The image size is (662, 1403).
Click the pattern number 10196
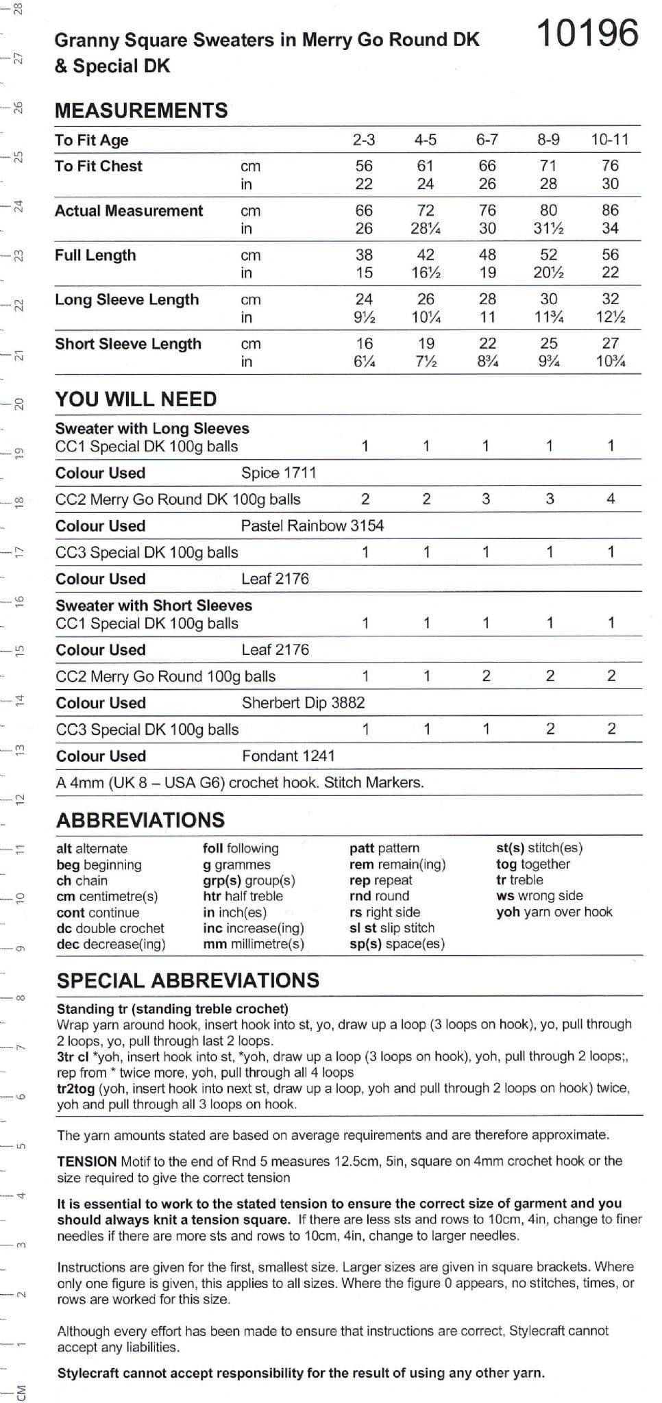pyautogui.click(x=587, y=34)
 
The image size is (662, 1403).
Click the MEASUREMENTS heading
pyautogui.click(x=141, y=110)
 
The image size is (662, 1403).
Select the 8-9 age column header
pyautogui.click(x=548, y=140)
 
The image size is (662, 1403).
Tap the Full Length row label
pyautogui.click(x=95, y=255)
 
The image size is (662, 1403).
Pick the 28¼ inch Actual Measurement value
pyautogui.click(x=426, y=228)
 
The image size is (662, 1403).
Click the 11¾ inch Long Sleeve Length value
pyautogui.click(x=548, y=317)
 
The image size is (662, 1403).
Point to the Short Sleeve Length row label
pyautogui.click(x=128, y=344)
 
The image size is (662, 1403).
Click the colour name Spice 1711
pyautogui.click(x=278, y=473)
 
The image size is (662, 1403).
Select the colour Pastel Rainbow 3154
pyautogui.click(x=312, y=525)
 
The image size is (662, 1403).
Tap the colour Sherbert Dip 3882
pyautogui.click(x=303, y=702)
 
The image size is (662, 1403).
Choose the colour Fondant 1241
pyautogui.click(x=288, y=756)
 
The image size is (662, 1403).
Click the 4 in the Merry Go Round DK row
pyautogui.click(x=611, y=499)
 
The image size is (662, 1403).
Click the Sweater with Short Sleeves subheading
pyautogui.click(x=154, y=606)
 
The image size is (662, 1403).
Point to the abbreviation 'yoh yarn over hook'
pyautogui.click(x=554, y=912)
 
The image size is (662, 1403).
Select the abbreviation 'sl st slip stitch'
pyautogui.click(x=392, y=928)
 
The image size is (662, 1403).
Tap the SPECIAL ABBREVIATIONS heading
pyautogui.click(x=188, y=980)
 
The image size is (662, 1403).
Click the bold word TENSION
pyautogui.click(x=87, y=1161)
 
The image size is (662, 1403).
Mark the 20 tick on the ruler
pyautogui.click(x=19, y=403)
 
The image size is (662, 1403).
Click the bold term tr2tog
pyautogui.click(x=76, y=1088)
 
